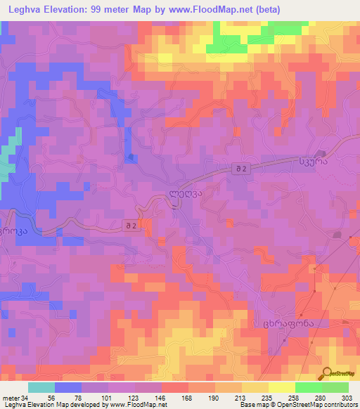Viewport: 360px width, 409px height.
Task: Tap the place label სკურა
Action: coord(331,161)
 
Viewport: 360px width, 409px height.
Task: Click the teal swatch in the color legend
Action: coord(41,387)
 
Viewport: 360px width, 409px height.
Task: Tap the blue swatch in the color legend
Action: coord(68,387)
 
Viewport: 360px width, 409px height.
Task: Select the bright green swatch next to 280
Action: coord(309,387)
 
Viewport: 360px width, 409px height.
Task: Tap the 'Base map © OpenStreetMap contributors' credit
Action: coord(296,405)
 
